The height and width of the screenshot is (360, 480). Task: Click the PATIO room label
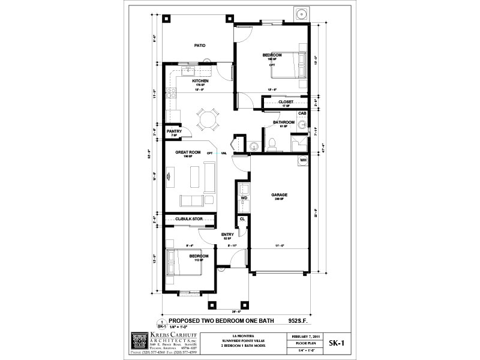(199, 46)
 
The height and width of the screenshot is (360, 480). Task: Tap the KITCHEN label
(200, 81)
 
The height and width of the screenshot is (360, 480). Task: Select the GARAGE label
(280, 196)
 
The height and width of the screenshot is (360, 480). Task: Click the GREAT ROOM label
(187, 153)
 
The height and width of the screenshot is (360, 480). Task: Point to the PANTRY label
(174, 131)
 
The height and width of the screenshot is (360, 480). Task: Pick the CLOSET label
(286, 102)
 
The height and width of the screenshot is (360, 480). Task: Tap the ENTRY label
(227, 235)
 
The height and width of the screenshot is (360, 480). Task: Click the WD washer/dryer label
(244, 197)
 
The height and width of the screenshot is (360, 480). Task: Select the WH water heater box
(303, 160)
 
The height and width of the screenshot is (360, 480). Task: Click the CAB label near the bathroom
(302, 113)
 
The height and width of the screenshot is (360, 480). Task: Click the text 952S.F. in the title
(298, 320)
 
